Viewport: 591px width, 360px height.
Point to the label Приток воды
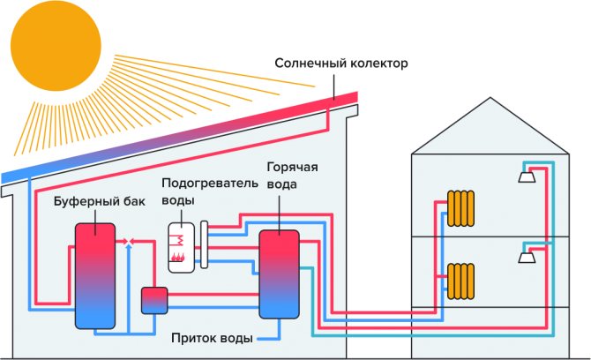(x=213, y=339)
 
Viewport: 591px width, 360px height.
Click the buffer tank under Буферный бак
(x=94, y=274)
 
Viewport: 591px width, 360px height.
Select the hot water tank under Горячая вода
(x=278, y=273)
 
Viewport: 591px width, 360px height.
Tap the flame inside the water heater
(x=178, y=257)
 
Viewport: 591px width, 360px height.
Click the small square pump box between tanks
(x=155, y=300)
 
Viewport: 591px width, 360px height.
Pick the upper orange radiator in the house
(x=461, y=208)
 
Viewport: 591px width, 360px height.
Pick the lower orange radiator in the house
(x=461, y=281)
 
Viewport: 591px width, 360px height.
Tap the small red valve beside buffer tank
(x=129, y=240)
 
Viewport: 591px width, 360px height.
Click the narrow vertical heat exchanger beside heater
(x=205, y=244)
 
